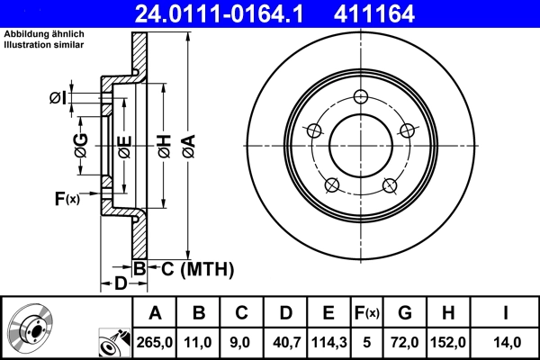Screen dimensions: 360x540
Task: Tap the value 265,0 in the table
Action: (x=154, y=342)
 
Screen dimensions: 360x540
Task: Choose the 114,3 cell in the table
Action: (x=328, y=342)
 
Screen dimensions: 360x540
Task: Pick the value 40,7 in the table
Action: (x=285, y=342)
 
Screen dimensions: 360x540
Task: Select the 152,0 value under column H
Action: (x=447, y=342)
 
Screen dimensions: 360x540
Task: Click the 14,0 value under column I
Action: (x=506, y=342)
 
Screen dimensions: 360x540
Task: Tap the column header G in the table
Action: (x=405, y=313)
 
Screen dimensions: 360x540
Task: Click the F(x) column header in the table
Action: (x=366, y=313)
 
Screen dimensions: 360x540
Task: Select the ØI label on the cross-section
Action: (x=58, y=97)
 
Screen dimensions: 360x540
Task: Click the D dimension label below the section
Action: (x=120, y=284)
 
